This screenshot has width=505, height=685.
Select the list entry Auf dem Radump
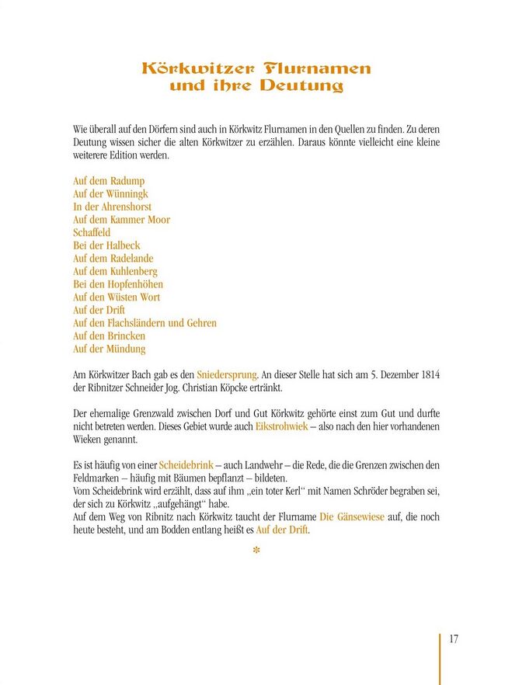109,181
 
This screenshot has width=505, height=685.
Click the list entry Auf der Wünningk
110,194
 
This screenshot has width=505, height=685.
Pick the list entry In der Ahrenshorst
112,207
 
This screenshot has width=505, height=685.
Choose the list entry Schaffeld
92,232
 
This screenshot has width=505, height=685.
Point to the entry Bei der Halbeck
106,245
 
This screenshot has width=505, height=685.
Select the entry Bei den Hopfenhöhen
118,284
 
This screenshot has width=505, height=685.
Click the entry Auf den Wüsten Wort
117,297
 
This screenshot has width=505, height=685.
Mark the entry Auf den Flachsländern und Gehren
145,323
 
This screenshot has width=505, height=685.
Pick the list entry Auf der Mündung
109,349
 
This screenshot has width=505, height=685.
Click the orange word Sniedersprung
226,375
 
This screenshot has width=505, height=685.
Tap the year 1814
428,375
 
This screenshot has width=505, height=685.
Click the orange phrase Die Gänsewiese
352,516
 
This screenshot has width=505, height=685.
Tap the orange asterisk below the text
256,551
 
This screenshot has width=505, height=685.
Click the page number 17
454,639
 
